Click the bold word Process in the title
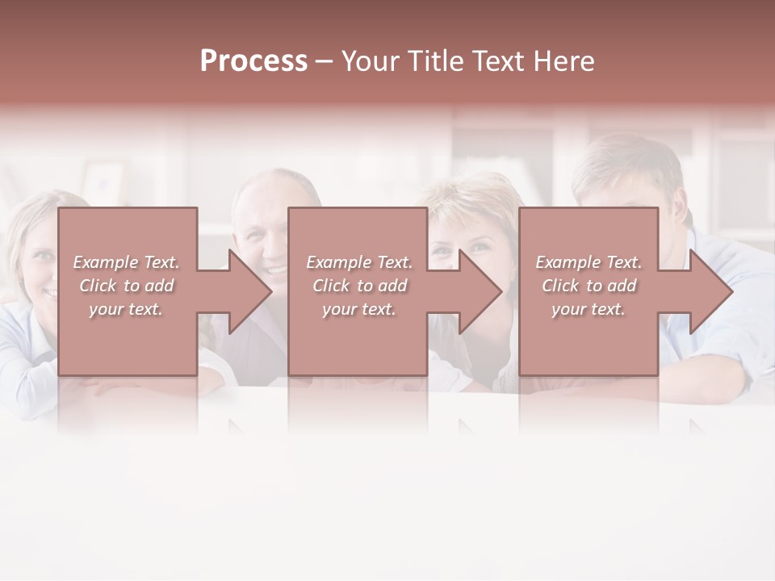(253, 61)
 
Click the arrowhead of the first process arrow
(249, 291)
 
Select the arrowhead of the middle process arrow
(480, 291)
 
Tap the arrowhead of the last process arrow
(710, 291)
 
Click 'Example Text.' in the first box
(126, 262)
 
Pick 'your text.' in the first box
(126, 309)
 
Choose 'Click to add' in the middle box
(359, 286)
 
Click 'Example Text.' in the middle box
(359, 262)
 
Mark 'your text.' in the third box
(589, 309)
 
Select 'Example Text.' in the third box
(589, 262)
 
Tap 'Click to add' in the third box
(589, 286)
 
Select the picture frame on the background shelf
(103, 181)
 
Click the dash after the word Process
(324, 62)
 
